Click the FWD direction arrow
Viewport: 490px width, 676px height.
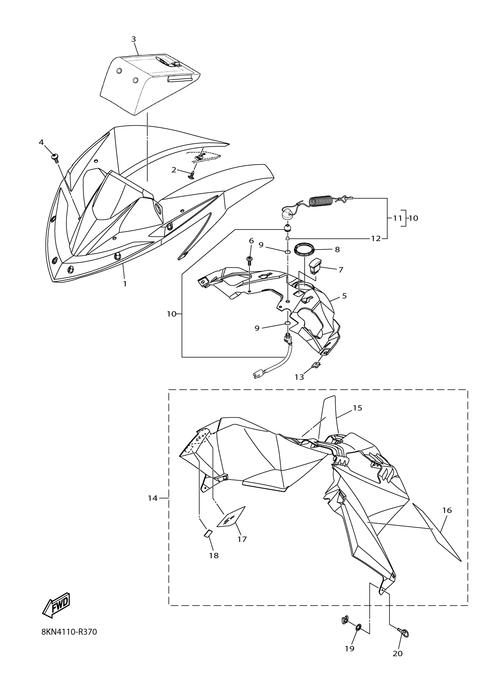point(56,605)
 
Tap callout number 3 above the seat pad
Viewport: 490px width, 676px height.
point(134,39)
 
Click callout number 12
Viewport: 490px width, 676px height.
point(376,238)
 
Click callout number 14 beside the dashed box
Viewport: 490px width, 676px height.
point(153,498)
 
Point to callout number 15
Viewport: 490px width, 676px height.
point(358,408)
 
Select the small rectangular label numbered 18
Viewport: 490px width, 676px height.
point(207,533)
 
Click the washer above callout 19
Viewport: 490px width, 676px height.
point(359,627)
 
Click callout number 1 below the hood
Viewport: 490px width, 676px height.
point(125,284)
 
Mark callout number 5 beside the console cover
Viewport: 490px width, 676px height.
point(344,296)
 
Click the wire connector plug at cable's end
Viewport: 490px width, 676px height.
point(257,375)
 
